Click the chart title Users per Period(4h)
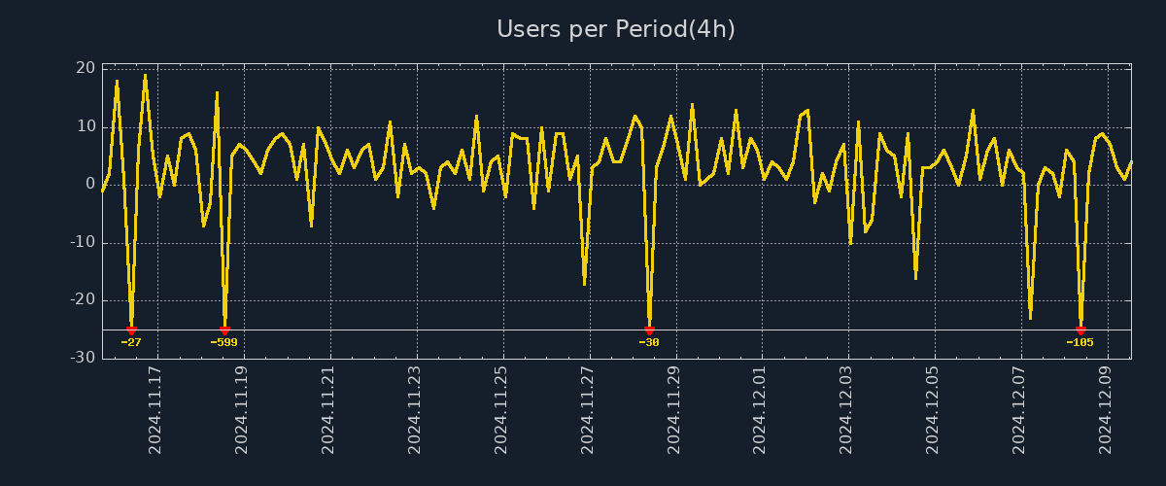615,29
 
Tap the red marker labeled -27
131,330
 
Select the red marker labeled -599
224,330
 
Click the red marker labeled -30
649,330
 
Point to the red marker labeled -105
1080,330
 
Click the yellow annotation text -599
223,342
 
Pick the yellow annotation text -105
1080,342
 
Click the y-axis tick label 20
86,68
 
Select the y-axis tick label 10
86,126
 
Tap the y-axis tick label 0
90,184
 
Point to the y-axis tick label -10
83,242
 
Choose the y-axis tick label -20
83,299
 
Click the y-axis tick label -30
83,358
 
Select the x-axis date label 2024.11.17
155,409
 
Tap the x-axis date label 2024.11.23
415,409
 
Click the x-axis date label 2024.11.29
673,409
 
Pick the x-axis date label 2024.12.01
760,409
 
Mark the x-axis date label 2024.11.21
328,409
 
